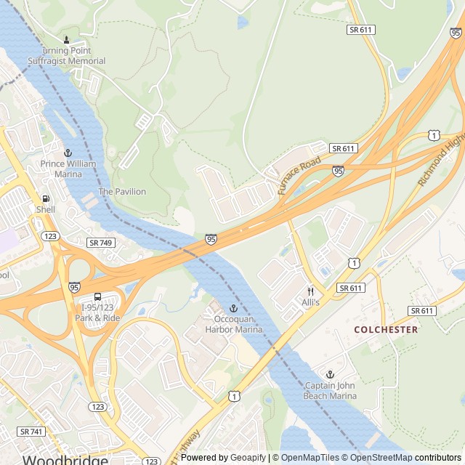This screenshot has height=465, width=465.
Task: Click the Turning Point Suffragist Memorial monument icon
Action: (x=67, y=40)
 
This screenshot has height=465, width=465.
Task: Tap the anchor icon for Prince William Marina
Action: (x=68, y=153)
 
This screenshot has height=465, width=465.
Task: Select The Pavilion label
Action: (x=122, y=192)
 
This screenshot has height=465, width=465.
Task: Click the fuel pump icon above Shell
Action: (x=46, y=198)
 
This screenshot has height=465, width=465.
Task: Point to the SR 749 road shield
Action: (x=100, y=242)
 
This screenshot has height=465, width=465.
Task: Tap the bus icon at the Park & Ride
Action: (x=97, y=296)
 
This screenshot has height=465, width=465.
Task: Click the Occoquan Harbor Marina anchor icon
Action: (x=233, y=309)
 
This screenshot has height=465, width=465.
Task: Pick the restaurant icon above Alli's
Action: (x=310, y=291)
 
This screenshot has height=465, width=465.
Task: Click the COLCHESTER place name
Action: (x=386, y=329)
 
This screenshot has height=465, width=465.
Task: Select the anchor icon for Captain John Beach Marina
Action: (x=331, y=373)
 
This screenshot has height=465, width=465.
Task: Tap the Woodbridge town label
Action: (x=65, y=459)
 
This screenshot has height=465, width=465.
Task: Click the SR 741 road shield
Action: (x=31, y=431)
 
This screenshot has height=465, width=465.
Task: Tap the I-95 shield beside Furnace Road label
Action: (x=338, y=171)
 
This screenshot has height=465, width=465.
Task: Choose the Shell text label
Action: (x=46, y=209)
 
